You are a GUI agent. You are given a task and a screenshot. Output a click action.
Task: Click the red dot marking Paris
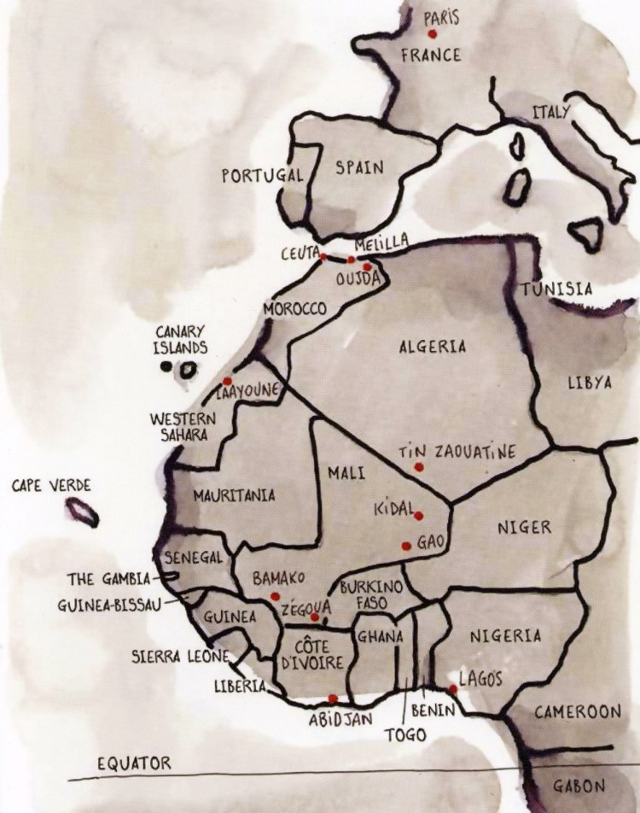433,34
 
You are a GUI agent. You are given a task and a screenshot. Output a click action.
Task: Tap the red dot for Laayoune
227,381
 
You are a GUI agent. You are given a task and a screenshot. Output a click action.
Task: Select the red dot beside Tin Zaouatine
418,467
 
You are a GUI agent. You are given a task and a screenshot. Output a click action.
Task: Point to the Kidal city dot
418,516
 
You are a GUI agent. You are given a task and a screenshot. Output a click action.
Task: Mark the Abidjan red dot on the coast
333,699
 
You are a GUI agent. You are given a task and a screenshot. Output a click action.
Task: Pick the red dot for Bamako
274,595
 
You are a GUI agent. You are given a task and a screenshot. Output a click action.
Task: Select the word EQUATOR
134,763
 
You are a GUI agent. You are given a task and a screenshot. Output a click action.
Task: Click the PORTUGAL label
262,176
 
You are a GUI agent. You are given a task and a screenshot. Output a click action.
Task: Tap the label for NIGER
524,527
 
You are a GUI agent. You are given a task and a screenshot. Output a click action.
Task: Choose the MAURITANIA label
234,494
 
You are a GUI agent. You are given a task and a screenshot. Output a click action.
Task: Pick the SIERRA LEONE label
179,657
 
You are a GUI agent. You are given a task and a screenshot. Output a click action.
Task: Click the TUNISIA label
557,289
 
